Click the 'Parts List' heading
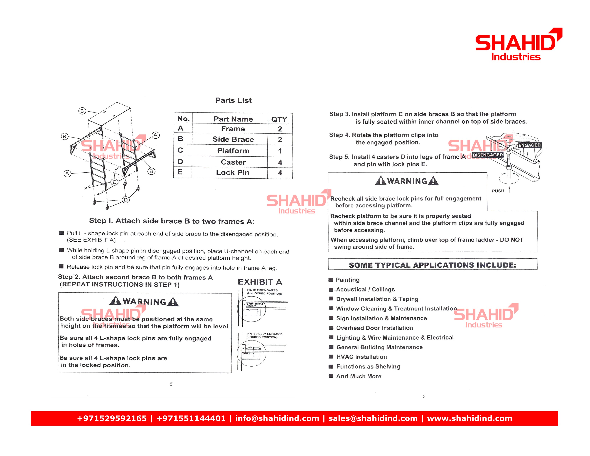(233, 100)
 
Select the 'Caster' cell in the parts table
(233, 162)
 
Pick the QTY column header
(279, 119)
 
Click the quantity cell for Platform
(280, 151)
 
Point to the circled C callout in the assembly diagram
(82, 111)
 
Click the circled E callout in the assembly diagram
(114, 182)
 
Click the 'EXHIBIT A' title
(260, 282)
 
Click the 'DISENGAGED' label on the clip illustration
(488, 155)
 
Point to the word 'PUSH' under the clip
(498, 191)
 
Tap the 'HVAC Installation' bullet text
(362, 357)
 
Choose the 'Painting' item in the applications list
(348, 280)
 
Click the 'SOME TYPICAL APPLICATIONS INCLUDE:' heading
(432, 265)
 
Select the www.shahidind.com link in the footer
(469, 418)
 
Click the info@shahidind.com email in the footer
(277, 418)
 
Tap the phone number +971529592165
(112, 418)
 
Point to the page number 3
(424, 396)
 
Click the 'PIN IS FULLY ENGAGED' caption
(264, 334)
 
